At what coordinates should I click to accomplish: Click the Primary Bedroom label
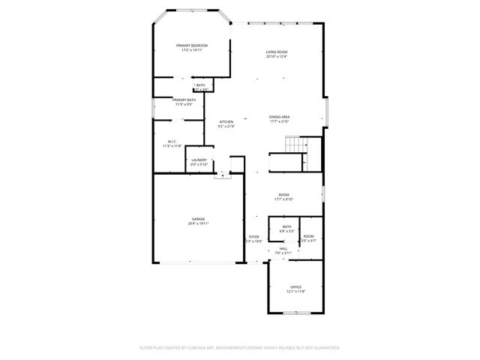pyautogui.click(x=192, y=46)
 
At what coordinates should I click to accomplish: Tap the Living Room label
pyautogui.click(x=277, y=52)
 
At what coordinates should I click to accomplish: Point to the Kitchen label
pyautogui.click(x=226, y=121)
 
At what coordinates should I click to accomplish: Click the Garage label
pyautogui.click(x=198, y=219)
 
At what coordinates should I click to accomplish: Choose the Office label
pyautogui.click(x=295, y=287)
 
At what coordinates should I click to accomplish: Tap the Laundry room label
pyautogui.click(x=199, y=160)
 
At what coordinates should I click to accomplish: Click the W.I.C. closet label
pyautogui.click(x=172, y=141)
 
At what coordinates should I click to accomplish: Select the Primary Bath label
pyautogui.click(x=184, y=100)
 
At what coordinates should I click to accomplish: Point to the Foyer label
pyautogui.click(x=254, y=237)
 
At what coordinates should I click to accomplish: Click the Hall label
pyautogui.click(x=283, y=249)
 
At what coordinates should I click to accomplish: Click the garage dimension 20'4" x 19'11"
pyautogui.click(x=198, y=223)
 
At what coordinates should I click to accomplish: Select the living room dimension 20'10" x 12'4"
pyautogui.click(x=277, y=56)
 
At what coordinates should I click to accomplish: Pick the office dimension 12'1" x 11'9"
pyautogui.click(x=295, y=292)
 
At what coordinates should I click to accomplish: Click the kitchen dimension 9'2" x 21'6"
pyautogui.click(x=226, y=126)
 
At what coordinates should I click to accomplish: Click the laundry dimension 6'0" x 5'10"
pyautogui.click(x=199, y=164)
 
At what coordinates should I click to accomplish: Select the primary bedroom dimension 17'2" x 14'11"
pyautogui.click(x=192, y=50)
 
